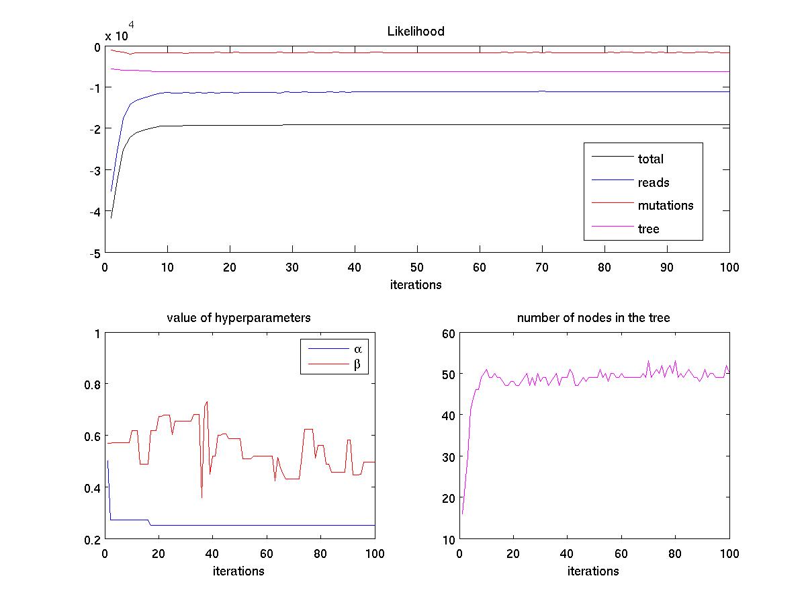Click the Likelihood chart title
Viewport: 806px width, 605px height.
pos(416,32)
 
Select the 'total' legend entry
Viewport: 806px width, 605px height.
pos(650,159)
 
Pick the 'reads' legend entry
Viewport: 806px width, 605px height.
pos(653,182)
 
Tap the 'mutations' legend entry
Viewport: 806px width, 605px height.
pos(665,206)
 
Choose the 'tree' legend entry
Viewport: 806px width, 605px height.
pos(648,229)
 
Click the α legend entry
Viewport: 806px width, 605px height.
pos(357,349)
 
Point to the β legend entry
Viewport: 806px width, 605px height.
pos(357,365)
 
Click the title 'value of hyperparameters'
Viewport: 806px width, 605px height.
pos(238,318)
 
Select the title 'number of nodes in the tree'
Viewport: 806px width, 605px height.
pos(593,318)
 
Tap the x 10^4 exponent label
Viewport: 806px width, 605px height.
pos(121,34)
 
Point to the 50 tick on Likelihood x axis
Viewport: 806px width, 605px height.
pos(416,267)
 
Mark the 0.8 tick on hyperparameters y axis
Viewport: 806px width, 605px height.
pos(92,385)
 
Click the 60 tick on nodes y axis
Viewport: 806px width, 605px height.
pos(447,333)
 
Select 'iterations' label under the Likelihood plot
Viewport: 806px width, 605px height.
pos(416,284)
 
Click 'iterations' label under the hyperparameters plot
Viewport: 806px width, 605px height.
pos(238,571)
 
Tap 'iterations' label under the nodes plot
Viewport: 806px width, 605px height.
pos(593,571)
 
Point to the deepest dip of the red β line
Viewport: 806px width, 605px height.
pos(201,497)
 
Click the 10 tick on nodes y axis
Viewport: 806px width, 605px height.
pos(447,540)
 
